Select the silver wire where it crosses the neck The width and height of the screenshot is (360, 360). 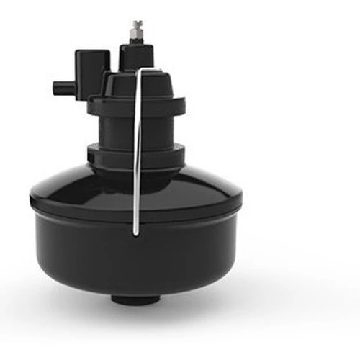pos(138,130)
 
